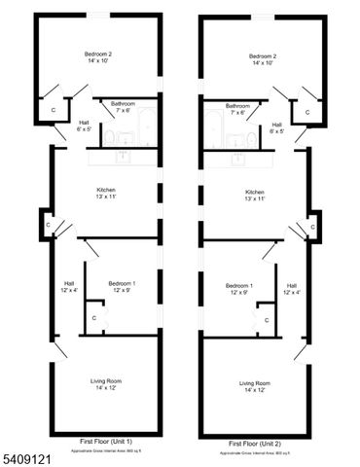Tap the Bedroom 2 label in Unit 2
[x=263, y=56]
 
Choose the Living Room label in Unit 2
[x=255, y=383]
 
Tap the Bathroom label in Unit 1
[x=123, y=103]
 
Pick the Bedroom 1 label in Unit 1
[x=122, y=283]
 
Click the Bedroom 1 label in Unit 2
[x=239, y=285]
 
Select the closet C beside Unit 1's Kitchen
[x=49, y=225]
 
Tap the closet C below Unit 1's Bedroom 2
[x=54, y=110]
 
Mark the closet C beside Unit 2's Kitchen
[x=313, y=226]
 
